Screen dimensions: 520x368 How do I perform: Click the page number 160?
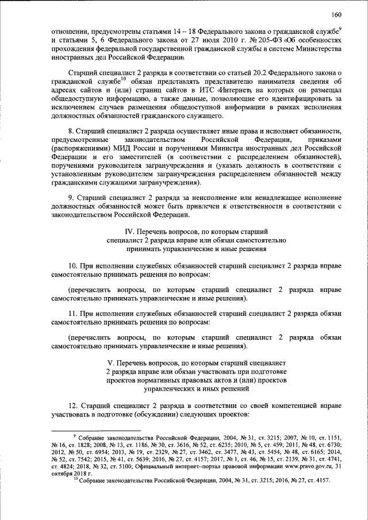point(338,15)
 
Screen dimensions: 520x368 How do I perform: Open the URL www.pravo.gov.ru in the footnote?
point(299,466)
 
